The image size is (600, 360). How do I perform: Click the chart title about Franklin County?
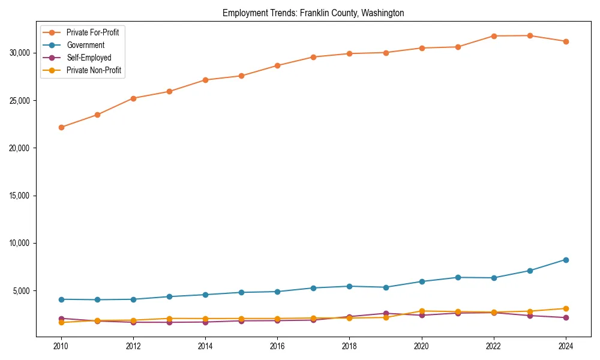tap(313, 13)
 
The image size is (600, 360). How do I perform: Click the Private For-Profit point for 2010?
tap(61, 127)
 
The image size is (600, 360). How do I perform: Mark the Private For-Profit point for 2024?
tap(566, 41)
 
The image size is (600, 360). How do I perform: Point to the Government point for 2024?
tap(566, 260)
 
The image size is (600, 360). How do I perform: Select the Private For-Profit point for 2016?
tap(277, 65)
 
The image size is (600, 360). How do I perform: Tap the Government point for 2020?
tap(422, 281)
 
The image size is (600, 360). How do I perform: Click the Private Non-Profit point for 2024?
tap(566, 308)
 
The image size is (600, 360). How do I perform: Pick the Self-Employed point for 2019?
tap(386, 313)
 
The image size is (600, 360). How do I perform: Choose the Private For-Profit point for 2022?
tap(494, 36)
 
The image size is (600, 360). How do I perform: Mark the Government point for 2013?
tap(169, 296)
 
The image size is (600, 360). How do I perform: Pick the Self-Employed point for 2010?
tap(61, 319)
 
